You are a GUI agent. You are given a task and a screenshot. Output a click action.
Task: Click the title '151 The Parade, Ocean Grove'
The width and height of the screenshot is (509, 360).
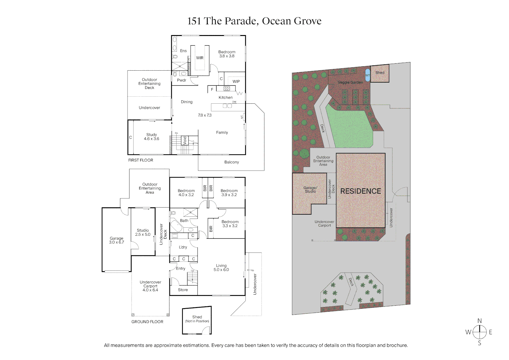(254, 21)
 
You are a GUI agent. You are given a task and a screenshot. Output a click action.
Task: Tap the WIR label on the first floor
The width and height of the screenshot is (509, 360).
(200, 58)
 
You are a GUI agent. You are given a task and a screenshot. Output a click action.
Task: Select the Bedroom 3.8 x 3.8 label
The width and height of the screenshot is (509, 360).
(227, 54)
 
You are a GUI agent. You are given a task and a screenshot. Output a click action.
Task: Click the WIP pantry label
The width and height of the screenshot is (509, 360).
(236, 82)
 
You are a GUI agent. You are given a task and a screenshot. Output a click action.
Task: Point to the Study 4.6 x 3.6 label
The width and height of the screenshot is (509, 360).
(151, 137)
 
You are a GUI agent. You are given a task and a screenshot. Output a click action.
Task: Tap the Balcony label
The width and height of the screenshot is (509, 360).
(232, 162)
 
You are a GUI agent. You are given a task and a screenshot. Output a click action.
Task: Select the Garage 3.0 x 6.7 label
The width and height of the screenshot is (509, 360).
(116, 240)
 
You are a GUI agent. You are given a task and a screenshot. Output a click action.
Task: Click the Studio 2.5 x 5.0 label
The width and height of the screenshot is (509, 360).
(143, 232)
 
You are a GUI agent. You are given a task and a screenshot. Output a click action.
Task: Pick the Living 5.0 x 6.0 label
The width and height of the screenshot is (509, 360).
(221, 268)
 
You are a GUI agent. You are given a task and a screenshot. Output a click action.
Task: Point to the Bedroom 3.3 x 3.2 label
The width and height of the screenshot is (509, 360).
(230, 224)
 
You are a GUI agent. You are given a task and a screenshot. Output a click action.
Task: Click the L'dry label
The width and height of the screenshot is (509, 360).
(183, 247)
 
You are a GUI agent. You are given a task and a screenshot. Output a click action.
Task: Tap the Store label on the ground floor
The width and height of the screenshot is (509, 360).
(183, 290)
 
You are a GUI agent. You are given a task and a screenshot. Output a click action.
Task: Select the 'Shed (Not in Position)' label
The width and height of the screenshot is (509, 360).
(197, 319)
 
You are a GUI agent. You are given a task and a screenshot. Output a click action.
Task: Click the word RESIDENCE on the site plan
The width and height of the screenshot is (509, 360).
(360, 191)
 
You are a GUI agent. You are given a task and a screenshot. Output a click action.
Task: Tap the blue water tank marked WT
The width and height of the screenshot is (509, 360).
(367, 75)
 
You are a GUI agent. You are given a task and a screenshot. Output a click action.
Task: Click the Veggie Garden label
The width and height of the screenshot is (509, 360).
(350, 82)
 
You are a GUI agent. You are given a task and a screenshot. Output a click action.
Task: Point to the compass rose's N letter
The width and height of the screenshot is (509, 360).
(479, 321)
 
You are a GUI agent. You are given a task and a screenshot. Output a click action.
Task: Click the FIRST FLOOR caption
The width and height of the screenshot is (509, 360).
(141, 160)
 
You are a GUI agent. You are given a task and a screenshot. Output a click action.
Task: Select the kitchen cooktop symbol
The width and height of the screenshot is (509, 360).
(227, 89)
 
